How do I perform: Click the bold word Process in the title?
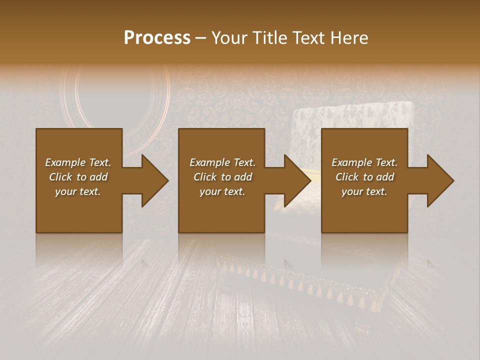tap(157, 38)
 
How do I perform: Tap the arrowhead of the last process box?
tap(439, 180)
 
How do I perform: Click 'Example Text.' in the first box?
tap(78, 162)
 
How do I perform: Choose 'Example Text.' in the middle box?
tap(222, 162)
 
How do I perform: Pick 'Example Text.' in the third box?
tap(364, 162)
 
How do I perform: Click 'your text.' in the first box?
tap(78, 191)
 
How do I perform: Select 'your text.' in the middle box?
tap(222, 191)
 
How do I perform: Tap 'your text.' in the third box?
tap(364, 191)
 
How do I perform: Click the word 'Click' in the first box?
tap(60, 177)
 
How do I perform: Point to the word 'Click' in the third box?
tap(347, 177)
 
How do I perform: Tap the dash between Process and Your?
tap(200, 38)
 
